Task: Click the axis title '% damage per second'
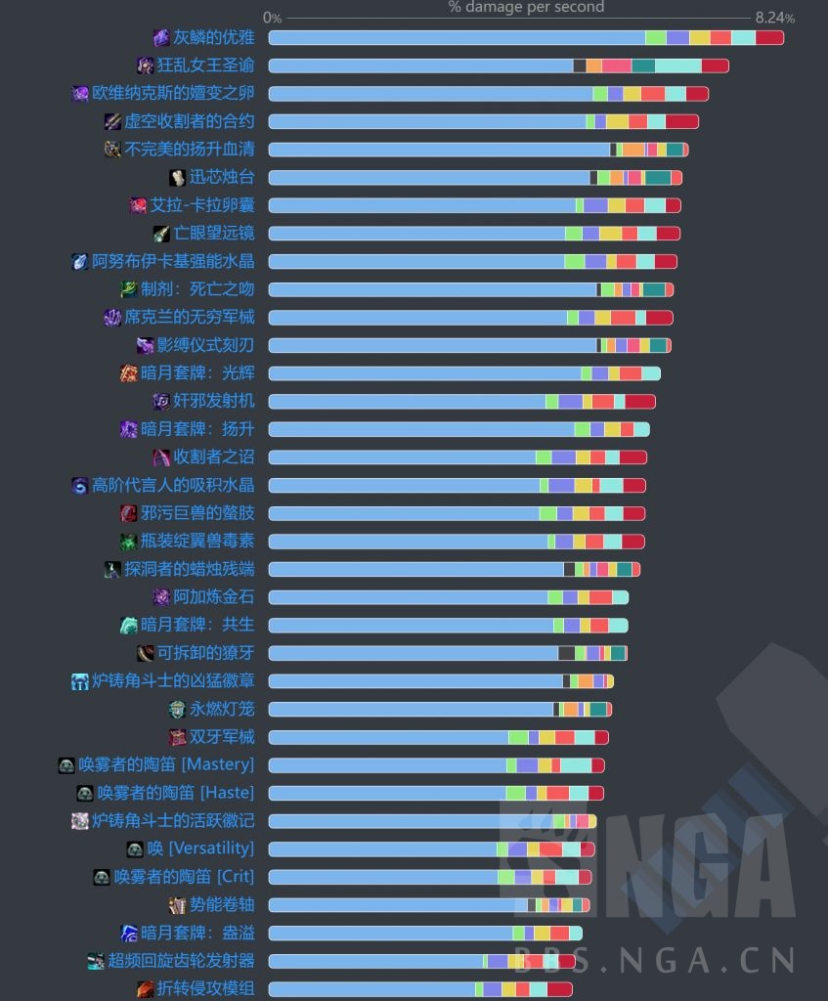tap(526, 8)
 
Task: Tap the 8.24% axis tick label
tap(774, 18)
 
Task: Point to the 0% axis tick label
tap(272, 18)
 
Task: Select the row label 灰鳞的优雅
tap(213, 38)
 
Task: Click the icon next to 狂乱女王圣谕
tap(146, 65)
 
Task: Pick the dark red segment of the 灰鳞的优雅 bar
tap(769, 38)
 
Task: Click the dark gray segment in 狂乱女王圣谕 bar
tap(580, 65)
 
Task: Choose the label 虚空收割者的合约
tap(189, 121)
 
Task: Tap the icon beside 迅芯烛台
tap(177, 178)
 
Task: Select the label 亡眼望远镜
tap(213, 234)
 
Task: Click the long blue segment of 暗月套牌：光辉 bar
tap(424, 373)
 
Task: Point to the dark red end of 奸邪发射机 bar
tap(639, 402)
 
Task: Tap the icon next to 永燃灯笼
tap(177, 709)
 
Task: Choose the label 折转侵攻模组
tap(205, 988)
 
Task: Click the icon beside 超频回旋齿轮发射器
tap(96, 961)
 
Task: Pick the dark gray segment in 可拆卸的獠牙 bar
tap(566, 653)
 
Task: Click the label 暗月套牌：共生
tap(196, 625)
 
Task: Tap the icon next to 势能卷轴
tap(177, 905)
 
